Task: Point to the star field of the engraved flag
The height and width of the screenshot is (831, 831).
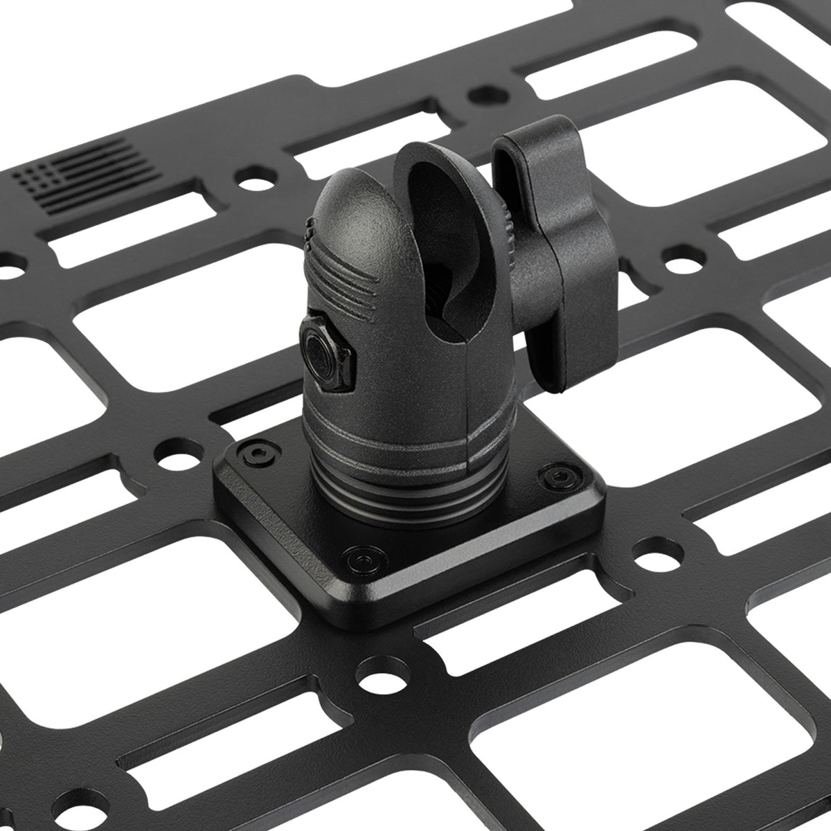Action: tap(36, 178)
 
